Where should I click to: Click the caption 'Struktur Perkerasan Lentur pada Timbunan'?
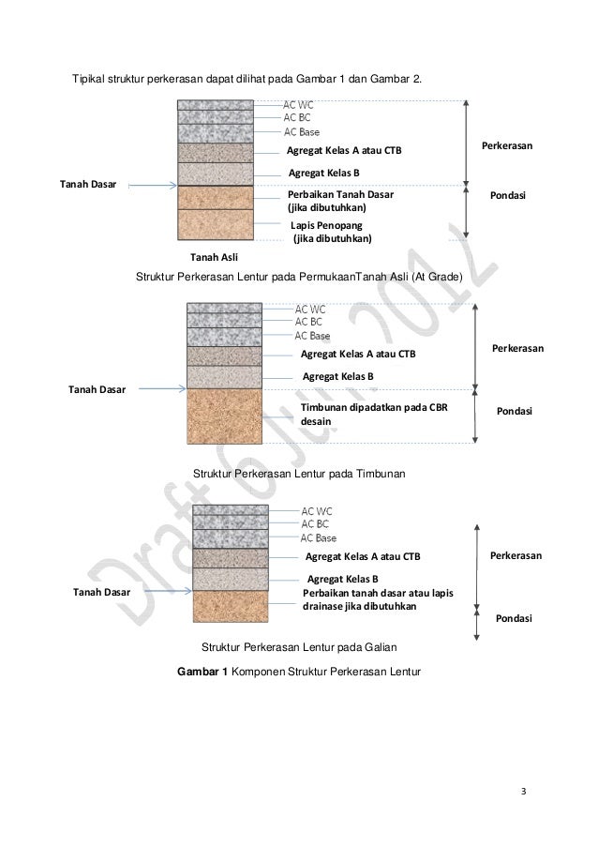coord(298,476)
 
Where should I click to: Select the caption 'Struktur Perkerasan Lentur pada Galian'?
coord(306,647)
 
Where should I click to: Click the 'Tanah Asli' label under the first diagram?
coord(214,256)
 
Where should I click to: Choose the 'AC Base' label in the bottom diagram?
coord(318,537)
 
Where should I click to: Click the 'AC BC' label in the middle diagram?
coord(308,321)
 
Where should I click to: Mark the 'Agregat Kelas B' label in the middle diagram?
coord(337,375)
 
